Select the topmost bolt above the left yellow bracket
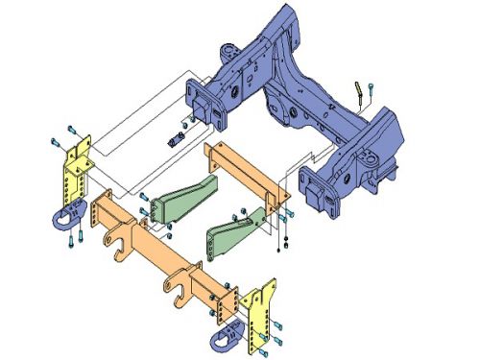72,128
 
